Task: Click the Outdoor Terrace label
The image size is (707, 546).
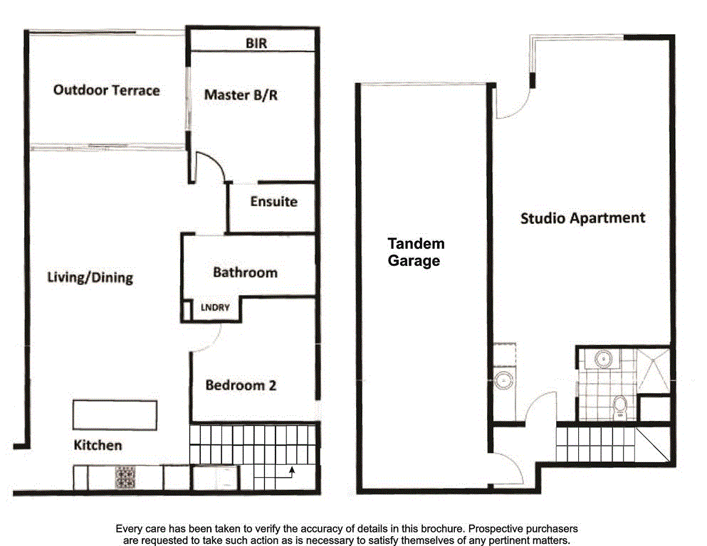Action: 107,90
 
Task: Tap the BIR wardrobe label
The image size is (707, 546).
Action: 256,43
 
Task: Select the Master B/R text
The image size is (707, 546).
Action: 241,94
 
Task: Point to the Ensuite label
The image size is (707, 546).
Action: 273,201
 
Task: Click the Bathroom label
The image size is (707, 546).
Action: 245,272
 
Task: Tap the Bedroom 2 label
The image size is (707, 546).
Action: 241,385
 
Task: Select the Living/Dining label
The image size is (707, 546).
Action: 90,277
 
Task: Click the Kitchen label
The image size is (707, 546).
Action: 98,446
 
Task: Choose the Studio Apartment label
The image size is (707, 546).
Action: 582,218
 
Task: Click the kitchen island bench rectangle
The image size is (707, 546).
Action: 114,415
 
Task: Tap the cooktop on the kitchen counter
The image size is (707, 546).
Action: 125,476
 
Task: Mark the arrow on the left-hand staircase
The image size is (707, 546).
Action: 292,470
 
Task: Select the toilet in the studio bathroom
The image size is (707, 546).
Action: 619,407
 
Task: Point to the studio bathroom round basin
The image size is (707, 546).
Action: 604,360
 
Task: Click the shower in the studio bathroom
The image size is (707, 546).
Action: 654,368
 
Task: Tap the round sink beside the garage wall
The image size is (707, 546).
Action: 504,380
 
